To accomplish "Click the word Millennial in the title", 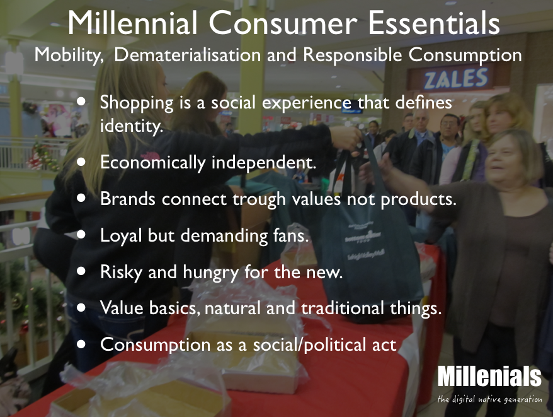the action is [x=132, y=23].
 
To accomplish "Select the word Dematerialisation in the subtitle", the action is [x=188, y=55].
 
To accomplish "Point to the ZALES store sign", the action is [x=456, y=78].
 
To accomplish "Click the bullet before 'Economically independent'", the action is [x=81, y=162].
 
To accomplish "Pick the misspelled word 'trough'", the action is [x=259, y=199].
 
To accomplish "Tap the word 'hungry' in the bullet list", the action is [x=210, y=273].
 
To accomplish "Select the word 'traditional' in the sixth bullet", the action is [x=342, y=307].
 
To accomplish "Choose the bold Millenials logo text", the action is [x=489, y=377].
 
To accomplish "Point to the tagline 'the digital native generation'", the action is [x=489, y=399].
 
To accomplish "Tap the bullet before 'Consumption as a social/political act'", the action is [x=81, y=344].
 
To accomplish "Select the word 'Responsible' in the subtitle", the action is [x=352, y=55].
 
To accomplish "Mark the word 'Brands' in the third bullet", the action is [x=128, y=199].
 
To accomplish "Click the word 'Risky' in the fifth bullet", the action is [x=121, y=272].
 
